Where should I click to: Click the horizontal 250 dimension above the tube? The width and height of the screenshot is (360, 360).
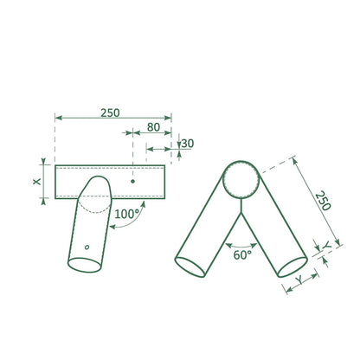coord(110,112)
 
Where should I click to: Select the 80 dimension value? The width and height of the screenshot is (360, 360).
coord(153,127)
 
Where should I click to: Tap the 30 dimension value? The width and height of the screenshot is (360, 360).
coord(188,144)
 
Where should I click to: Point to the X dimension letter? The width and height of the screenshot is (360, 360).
coord(37,182)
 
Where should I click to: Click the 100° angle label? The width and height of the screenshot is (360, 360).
coord(127,215)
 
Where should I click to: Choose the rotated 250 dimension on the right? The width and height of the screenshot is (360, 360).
coord(323,201)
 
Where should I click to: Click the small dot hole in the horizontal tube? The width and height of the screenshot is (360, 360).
coord(132,182)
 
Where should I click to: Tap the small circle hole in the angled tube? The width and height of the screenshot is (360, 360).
coord(87,247)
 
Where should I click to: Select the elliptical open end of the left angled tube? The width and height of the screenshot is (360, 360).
coord(85,265)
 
